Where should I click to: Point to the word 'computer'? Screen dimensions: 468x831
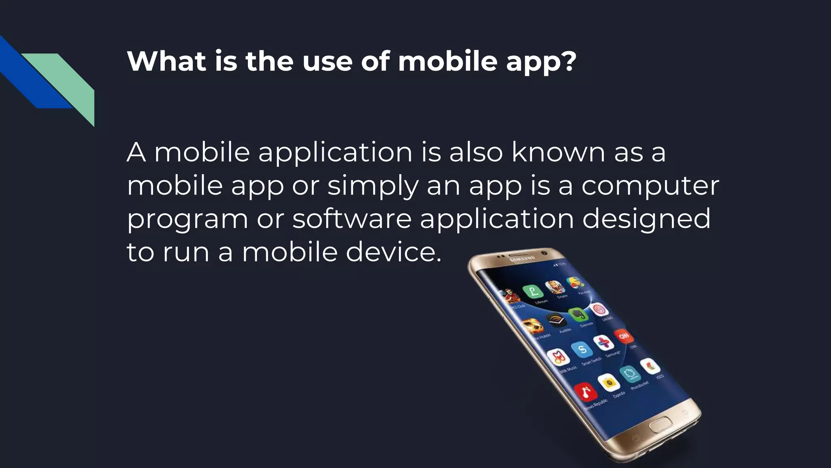[x=650, y=186]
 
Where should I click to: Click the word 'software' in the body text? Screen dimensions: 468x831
[x=352, y=219]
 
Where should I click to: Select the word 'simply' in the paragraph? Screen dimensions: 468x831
[x=372, y=186]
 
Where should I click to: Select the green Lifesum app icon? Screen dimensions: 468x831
[x=533, y=291]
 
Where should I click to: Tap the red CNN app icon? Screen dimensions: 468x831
[x=624, y=336]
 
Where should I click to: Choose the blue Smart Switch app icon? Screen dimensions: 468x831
[x=582, y=349]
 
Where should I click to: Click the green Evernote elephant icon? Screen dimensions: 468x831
[x=578, y=314]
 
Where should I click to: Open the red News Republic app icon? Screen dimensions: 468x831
[x=585, y=392]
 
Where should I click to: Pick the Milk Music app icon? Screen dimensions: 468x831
[x=559, y=357]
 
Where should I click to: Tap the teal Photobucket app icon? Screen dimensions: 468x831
[x=630, y=374]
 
